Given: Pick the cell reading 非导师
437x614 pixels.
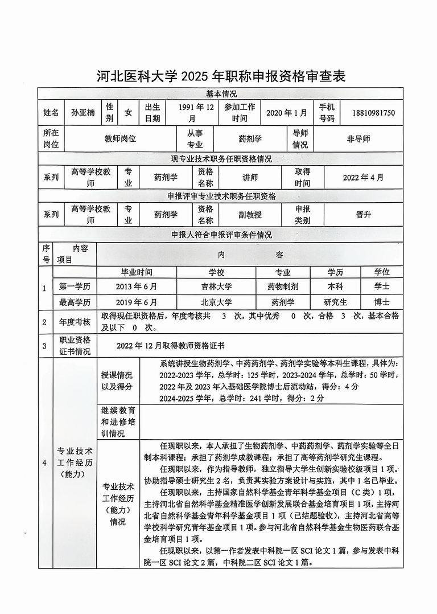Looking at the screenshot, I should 358,138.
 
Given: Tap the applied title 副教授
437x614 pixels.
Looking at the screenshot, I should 250,215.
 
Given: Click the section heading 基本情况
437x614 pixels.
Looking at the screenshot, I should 221,93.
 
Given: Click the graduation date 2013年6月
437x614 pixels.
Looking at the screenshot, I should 137,286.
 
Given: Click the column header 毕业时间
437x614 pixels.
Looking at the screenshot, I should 137,272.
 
